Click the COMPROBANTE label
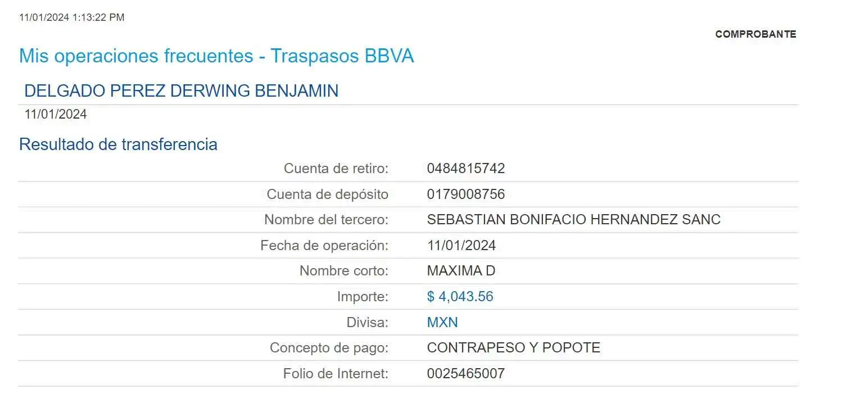coord(755,34)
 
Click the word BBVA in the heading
coord(389,56)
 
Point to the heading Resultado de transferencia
coord(118,144)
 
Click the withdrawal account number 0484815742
coord(466,168)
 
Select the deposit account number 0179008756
coord(466,194)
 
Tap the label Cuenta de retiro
coord(336,168)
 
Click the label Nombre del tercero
coord(327,219)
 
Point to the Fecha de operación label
coord(325,246)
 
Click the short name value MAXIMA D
coord(461,271)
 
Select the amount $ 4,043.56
coord(460,296)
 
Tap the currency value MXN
coord(442,323)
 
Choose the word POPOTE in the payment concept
coord(571,348)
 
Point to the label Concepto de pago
coord(329,348)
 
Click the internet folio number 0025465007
coord(466,373)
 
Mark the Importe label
coord(363,296)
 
